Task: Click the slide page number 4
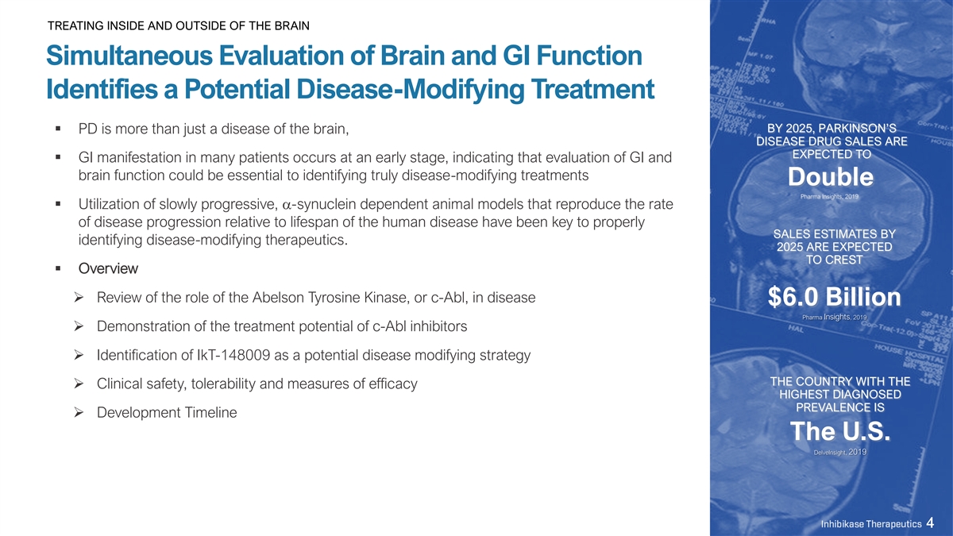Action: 930,523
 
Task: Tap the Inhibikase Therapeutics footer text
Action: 871,523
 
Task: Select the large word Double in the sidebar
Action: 831,176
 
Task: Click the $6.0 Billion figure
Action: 835,296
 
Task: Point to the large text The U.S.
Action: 840,431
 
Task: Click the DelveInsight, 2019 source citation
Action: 840,452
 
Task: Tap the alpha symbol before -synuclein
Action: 287,206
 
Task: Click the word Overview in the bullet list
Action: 108,268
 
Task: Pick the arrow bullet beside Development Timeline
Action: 79,412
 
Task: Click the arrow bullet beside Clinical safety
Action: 79,384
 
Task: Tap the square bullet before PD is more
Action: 58,129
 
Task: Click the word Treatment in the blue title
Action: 592,89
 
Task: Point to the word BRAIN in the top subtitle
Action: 292,26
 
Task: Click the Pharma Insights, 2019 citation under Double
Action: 829,197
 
